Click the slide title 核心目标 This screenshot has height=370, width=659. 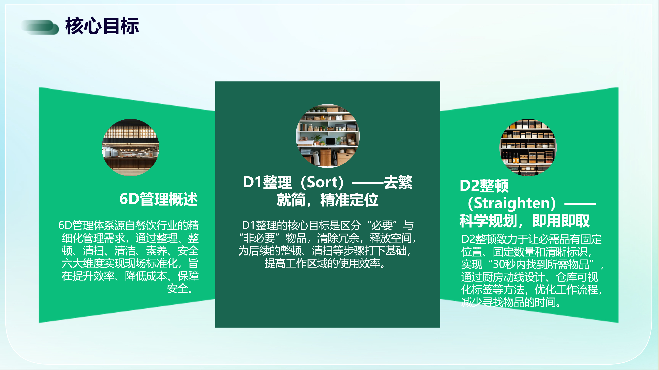(x=102, y=26)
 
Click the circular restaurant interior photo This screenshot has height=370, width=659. (x=130, y=147)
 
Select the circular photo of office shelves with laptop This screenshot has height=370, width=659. (x=327, y=136)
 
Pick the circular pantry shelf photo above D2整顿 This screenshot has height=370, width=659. (x=528, y=147)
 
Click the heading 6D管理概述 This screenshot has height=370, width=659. (x=159, y=199)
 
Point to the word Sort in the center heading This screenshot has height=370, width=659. (x=322, y=182)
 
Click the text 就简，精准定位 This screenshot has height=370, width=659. (x=327, y=200)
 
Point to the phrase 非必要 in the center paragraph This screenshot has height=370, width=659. (x=259, y=238)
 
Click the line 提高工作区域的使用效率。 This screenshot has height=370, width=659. (x=325, y=263)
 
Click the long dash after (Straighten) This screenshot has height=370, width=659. (x=580, y=204)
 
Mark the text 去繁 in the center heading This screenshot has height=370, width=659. (x=398, y=182)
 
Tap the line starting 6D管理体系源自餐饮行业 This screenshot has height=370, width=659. (x=128, y=225)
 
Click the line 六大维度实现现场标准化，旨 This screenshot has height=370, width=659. (x=130, y=263)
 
